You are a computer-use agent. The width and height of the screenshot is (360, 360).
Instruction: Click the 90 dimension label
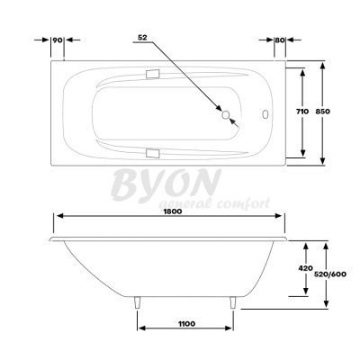click(56, 40)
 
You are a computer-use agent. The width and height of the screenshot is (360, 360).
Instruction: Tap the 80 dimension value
click(280, 40)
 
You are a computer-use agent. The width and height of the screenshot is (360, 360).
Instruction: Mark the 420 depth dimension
click(306, 269)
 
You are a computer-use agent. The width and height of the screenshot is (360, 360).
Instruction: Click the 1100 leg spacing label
click(188, 321)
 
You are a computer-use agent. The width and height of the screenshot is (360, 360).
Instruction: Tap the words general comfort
click(215, 204)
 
